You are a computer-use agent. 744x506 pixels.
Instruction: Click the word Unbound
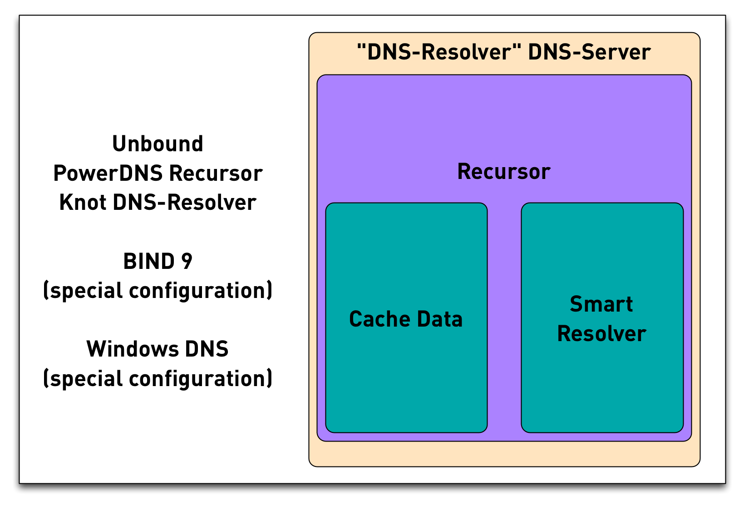(158, 144)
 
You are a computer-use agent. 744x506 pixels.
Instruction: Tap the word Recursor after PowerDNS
(216, 174)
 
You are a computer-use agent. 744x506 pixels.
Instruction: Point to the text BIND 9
(158, 262)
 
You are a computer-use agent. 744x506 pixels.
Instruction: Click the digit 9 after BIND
(187, 262)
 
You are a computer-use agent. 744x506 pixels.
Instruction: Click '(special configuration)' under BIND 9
(158, 291)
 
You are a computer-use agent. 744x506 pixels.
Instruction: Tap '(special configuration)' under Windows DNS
(158, 379)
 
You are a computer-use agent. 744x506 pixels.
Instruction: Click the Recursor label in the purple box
(503, 172)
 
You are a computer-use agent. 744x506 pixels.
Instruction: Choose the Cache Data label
(406, 319)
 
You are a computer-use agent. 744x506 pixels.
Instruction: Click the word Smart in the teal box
(601, 304)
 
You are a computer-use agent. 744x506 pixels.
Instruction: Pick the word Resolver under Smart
(601, 334)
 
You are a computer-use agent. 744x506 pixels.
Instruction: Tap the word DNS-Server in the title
(589, 52)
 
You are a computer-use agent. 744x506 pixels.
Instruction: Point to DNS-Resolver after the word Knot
(184, 203)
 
